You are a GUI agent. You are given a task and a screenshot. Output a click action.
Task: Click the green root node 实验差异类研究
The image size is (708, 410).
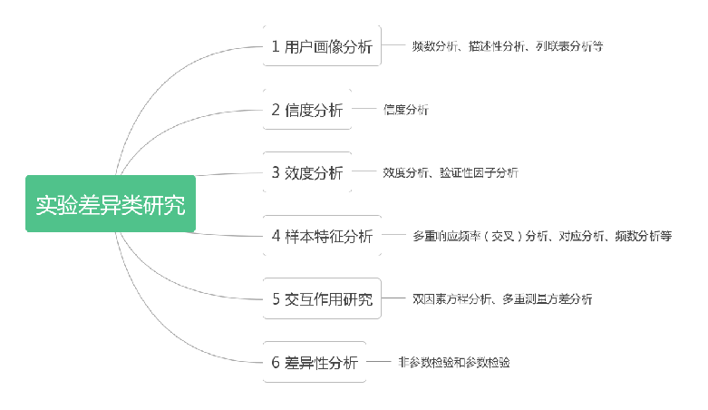pos(111,204)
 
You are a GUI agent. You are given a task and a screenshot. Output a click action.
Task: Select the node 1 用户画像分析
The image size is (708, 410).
pos(322,47)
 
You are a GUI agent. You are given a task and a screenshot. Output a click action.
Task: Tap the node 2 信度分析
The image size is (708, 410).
pos(307,110)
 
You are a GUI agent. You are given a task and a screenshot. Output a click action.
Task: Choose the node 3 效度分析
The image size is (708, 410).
pos(307,172)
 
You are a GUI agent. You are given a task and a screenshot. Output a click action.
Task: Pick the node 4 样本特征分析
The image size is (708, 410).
pos(322,236)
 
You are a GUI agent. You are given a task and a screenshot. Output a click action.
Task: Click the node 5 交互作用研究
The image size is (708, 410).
pos(322,299)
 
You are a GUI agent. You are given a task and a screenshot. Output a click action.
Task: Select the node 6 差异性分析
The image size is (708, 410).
pos(315,362)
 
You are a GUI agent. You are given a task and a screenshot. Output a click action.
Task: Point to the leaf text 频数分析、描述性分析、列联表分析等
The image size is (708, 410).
pos(507,46)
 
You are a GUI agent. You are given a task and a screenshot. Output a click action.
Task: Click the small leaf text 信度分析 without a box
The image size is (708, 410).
pos(405,110)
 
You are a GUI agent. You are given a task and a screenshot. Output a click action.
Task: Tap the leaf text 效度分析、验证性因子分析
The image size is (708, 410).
pos(451,172)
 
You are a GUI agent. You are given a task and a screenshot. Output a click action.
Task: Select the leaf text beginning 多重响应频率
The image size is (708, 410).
pos(542,236)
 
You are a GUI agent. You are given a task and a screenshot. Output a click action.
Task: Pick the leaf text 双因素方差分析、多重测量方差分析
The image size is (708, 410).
pos(502,299)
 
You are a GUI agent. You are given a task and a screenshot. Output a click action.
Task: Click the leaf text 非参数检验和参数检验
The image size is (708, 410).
pos(453,362)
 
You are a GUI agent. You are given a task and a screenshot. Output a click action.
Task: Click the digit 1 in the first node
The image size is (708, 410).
pos(276,47)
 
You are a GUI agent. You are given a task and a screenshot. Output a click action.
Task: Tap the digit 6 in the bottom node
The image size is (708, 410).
pos(276,362)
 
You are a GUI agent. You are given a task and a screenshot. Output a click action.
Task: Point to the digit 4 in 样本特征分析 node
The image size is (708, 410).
pos(276,236)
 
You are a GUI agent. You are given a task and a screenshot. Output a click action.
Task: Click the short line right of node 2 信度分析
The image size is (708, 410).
pos(364,110)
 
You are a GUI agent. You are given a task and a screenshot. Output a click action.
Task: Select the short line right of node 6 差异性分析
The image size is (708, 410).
pos(379,362)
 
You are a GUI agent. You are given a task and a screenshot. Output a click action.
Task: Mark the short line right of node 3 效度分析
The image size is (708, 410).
pos(364,172)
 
